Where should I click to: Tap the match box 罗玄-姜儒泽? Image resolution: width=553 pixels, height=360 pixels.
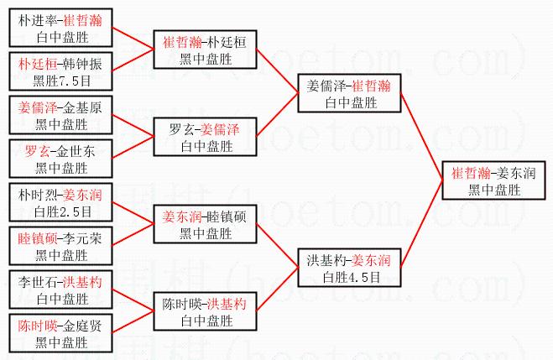pyautogui.click(x=204, y=138)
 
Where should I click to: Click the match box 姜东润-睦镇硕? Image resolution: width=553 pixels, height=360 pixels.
pyautogui.click(x=204, y=225)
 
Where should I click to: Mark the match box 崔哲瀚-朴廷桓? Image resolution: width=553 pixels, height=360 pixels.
pyautogui.click(x=204, y=50)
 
